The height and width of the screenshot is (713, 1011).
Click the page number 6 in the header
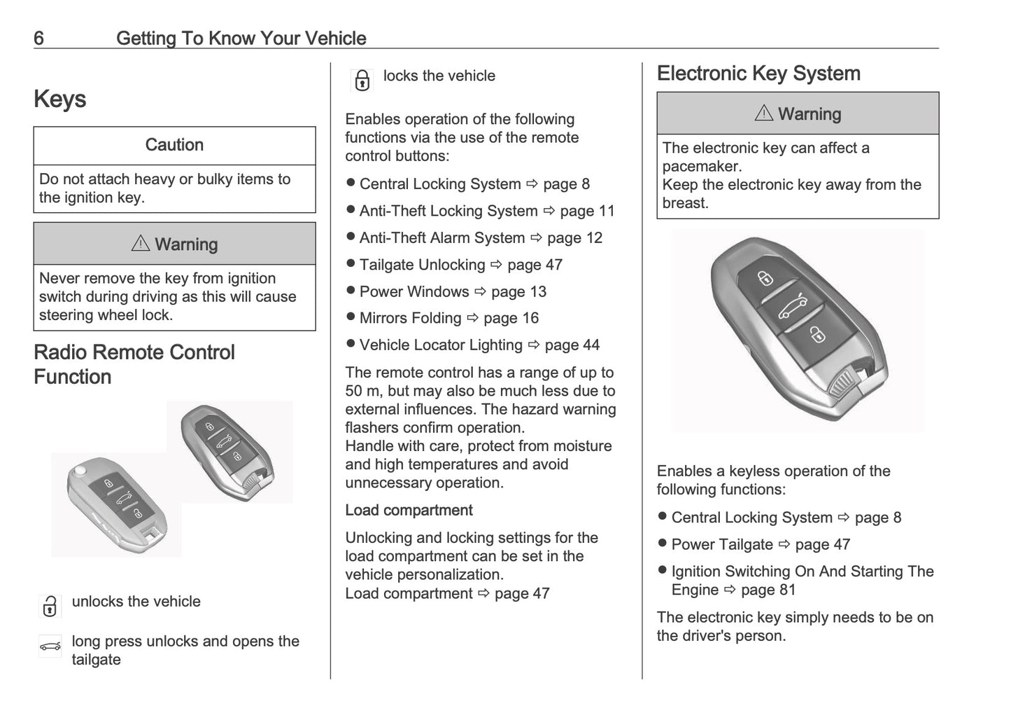(x=38, y=38)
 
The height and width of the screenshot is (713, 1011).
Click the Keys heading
(x=60, y=99)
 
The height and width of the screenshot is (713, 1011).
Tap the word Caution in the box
(x=174, y=145)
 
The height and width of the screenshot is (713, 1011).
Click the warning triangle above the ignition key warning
(x=140, y=243)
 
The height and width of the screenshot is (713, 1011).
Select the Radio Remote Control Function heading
(x=134, y=364)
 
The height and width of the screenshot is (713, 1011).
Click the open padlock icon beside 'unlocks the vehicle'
(x=50, y=606)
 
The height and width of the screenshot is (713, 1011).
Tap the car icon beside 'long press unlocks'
(x=50, y=646)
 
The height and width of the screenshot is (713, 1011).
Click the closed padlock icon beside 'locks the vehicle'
(x=362, y=81)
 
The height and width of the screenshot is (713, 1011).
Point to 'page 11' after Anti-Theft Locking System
(x=587, y=211)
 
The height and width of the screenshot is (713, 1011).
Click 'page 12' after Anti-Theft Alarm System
(x=574, y=238)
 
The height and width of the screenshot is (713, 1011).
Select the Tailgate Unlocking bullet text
(x=422, y=265)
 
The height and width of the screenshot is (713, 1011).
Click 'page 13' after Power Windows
(x=518, y=291)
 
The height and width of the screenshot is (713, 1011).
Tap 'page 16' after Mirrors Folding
(x=511, y=318)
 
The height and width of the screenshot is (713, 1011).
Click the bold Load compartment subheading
(x=409, y=510)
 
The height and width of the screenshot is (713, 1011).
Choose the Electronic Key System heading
(x=758, y=74)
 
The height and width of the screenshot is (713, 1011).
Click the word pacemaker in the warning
(x=702, y=167)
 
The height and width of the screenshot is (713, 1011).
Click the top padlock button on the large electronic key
(x=765, y=279)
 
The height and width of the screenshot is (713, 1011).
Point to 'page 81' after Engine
(x=768, y=590)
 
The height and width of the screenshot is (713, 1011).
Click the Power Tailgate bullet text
(x=722, y=545)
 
